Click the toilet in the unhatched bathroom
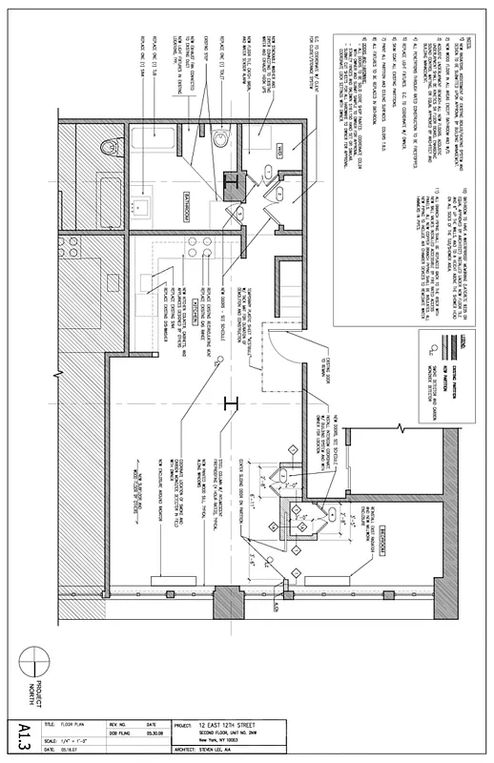coord(218,141)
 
